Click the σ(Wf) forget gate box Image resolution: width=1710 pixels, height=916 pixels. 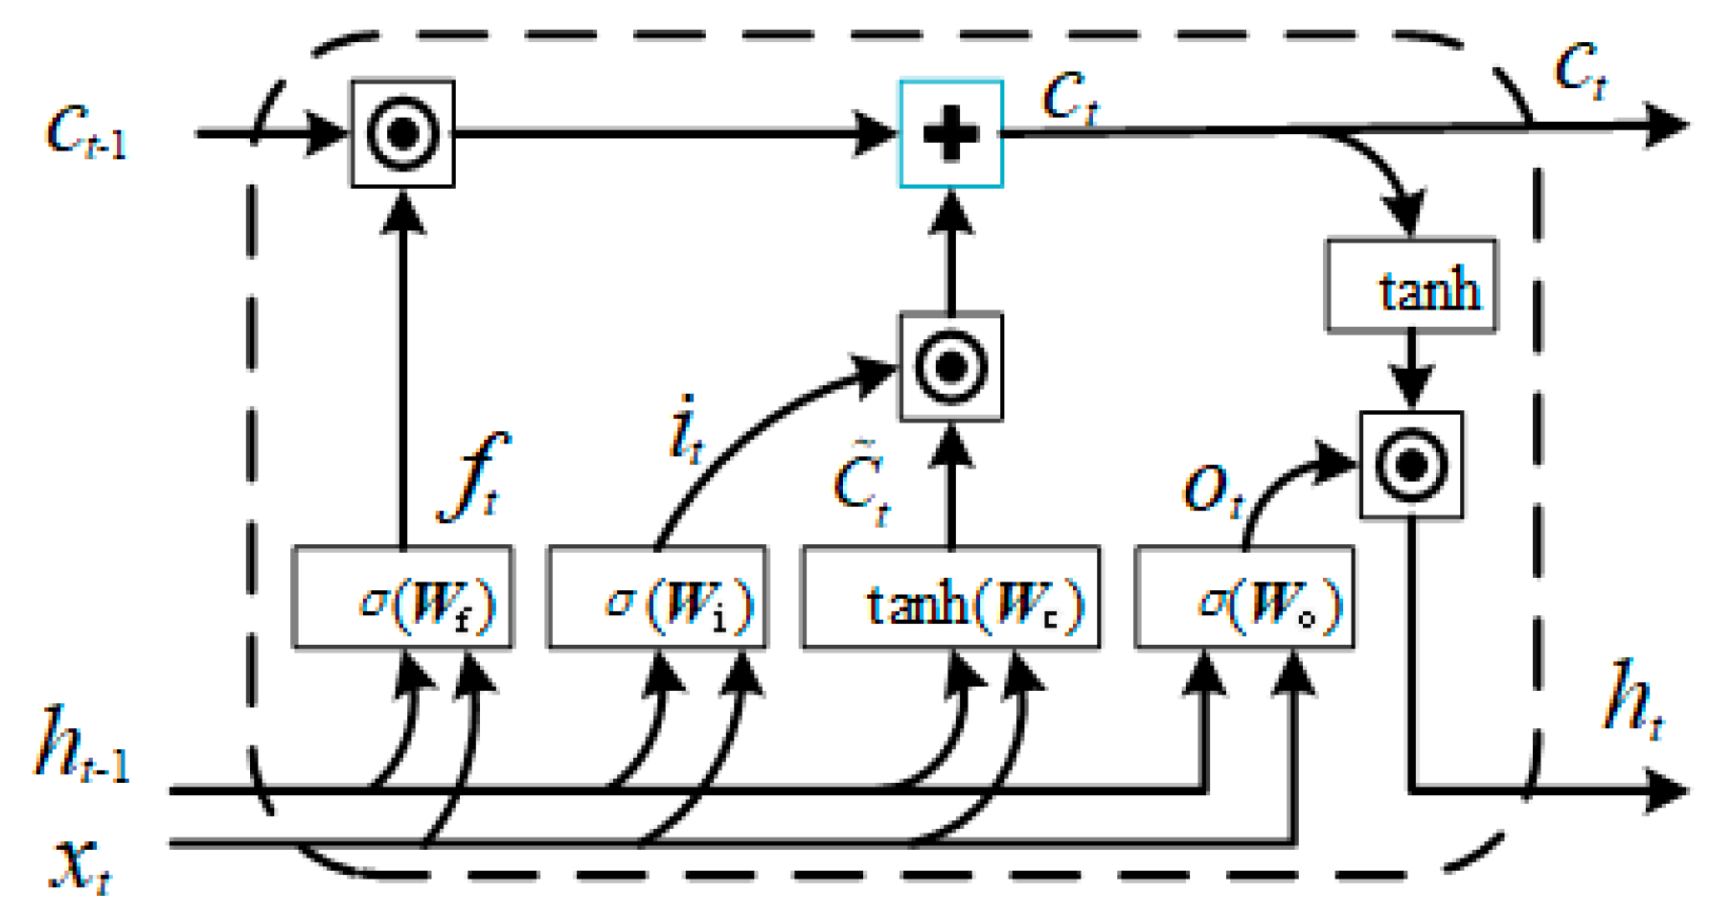[402, 598]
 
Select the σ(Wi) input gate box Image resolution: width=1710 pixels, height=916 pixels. [657, 598]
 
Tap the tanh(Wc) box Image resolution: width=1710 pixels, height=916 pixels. [950, 598]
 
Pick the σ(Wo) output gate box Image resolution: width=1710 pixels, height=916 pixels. [1243, 598]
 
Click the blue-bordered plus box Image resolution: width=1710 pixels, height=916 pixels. [950, 133]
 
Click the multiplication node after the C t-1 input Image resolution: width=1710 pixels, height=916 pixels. [402, 133]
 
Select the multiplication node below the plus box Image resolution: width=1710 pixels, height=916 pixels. [950, 366]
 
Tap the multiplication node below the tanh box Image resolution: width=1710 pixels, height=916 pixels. [1411, 465]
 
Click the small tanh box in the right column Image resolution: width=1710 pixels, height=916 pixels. [1411, 286]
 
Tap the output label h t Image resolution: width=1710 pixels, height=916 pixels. [1634, 699]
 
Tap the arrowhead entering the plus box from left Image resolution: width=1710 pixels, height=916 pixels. [877, 133]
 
